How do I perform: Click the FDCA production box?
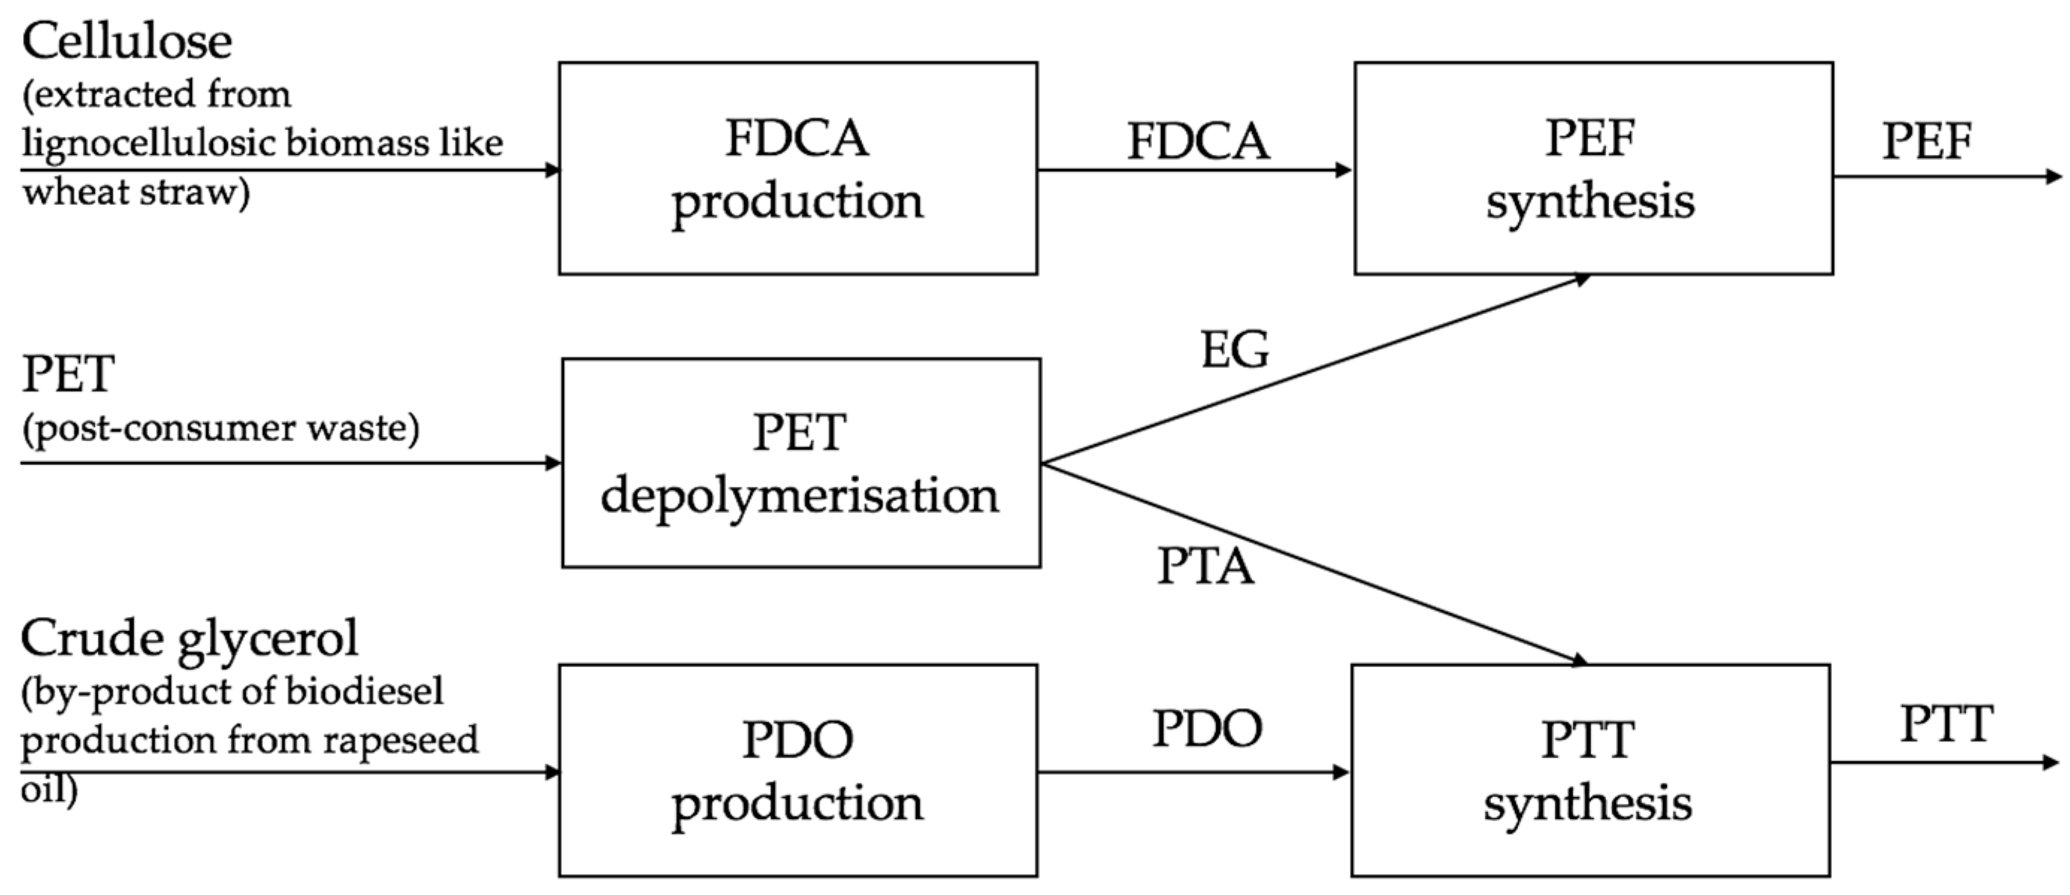[797, 169]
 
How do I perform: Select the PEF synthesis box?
[1593, 169]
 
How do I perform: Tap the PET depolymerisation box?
[800, 463]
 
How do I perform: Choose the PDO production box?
[797, 770]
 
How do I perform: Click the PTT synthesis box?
[1590, 770]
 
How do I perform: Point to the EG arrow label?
[1234, 351]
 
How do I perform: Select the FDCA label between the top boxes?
[1198, 141]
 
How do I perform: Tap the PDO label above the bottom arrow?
[1207, 728]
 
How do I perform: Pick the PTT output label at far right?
[1945, 724]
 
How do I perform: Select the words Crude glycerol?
[190, 639]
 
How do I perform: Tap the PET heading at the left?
[68, 375]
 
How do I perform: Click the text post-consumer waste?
[220, 428]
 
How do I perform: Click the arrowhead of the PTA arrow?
[1578, 661]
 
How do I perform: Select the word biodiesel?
[378, 692]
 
